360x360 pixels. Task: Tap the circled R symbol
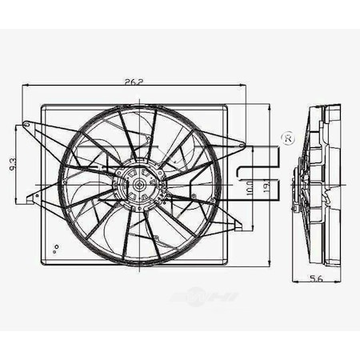[x=286, y=139]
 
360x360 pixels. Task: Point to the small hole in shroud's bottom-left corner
[x=55, y=248]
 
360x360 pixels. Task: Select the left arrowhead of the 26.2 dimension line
[x=24, y=86]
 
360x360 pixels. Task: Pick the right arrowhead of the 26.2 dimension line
[x=246, y=86]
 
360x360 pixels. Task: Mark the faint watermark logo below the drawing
[x=205, y=298]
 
